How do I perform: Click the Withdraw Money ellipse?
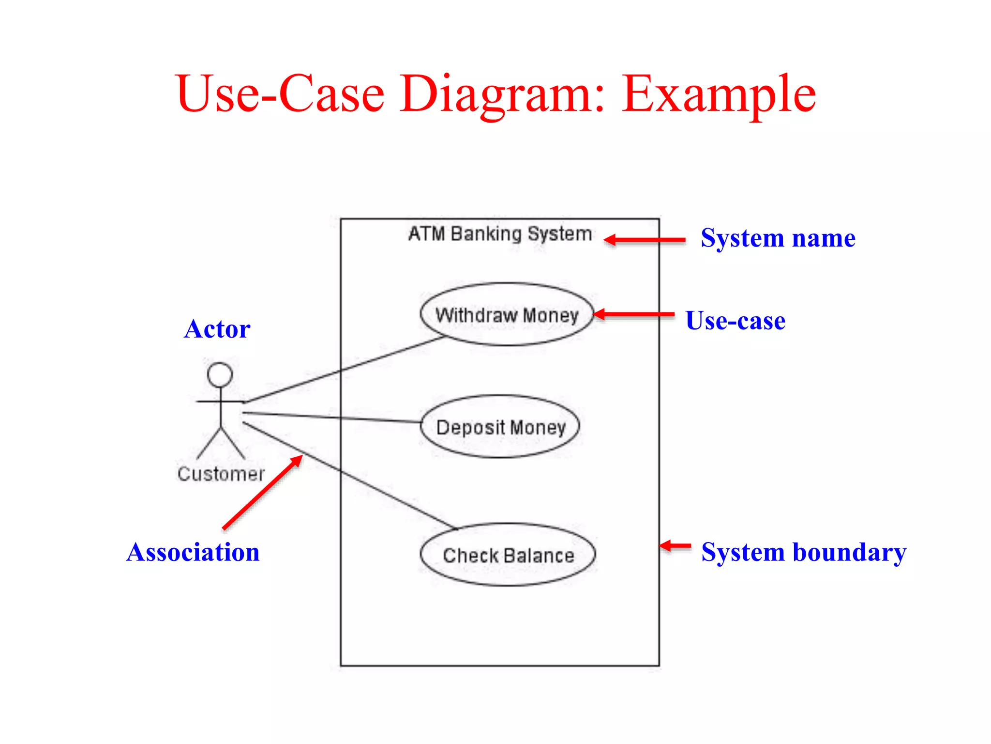pos(507,315)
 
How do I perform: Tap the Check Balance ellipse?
pos(508,555)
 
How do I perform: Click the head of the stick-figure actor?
pos(220,375)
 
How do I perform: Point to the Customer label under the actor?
pos(221,474)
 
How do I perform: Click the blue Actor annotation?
pos(217,329)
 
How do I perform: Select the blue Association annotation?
pos(193,553)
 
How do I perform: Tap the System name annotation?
pos(778,238)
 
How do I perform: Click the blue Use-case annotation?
pos(735,321)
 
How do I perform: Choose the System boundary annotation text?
pos(803,552)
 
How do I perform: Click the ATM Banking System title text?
pos(500,234)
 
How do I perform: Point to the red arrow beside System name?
pos(645,240)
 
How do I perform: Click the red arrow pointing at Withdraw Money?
pos(634,314)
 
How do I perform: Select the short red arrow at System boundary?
pos(676,546)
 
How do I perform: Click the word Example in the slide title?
pos(719,94)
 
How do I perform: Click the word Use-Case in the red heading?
pos(281,94)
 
